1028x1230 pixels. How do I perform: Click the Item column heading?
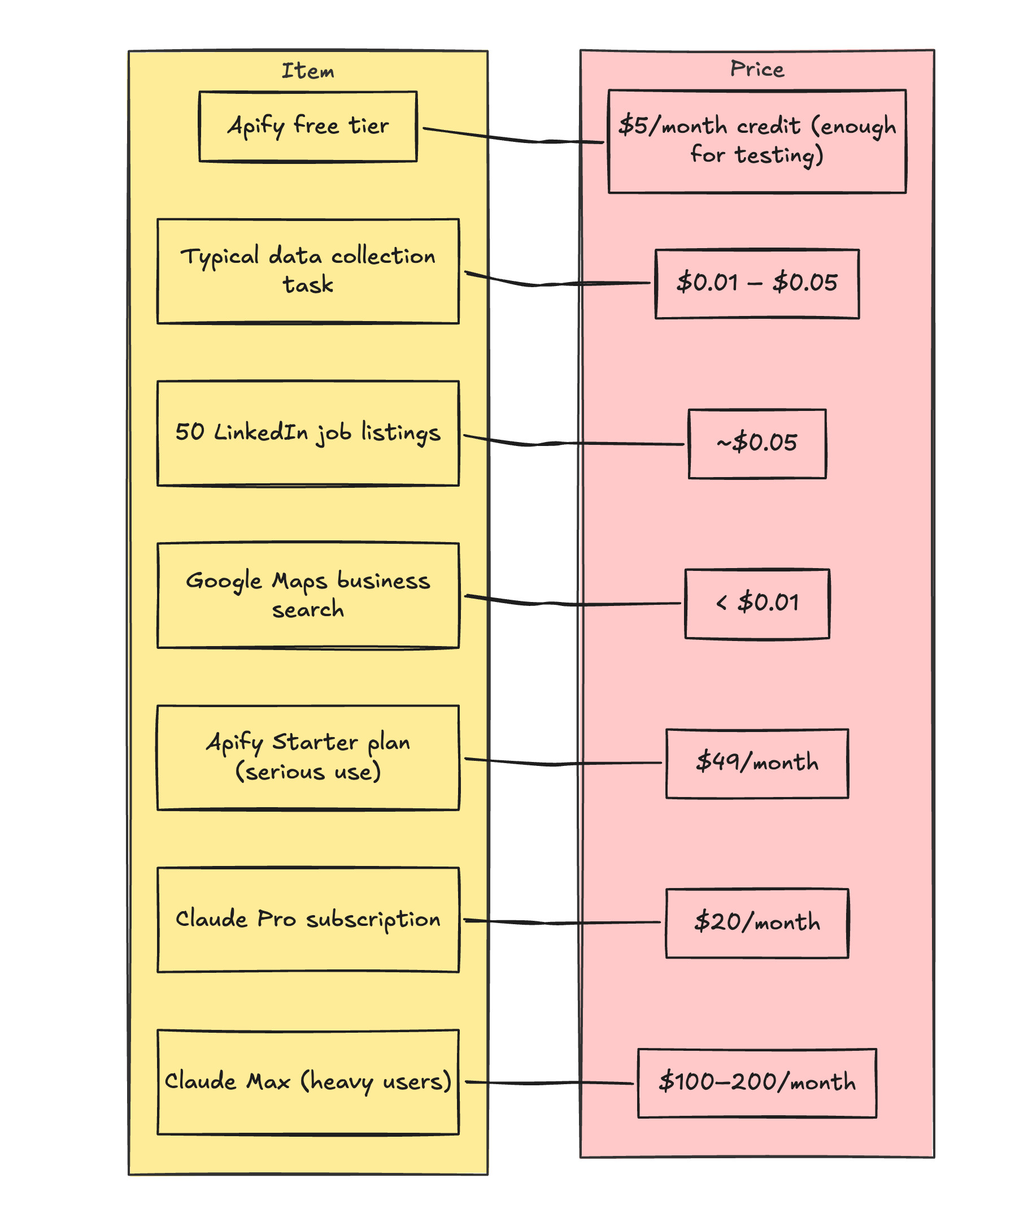[308, 71]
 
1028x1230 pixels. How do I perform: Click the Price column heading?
[757, 69]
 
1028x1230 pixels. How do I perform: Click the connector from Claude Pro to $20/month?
[562, 923]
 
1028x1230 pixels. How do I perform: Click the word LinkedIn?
[261, 432]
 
